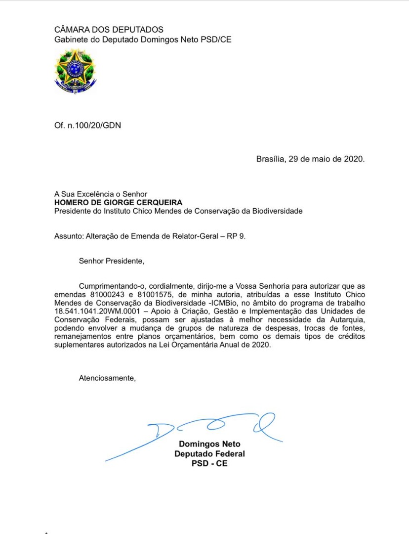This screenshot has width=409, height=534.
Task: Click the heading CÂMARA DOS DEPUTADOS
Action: tap(109, 31)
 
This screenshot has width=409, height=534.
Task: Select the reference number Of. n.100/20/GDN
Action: tap(87, 126)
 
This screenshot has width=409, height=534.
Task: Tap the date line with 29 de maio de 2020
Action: tap(310, 159)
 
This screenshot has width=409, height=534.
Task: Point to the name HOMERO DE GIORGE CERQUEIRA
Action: tap(118, 202)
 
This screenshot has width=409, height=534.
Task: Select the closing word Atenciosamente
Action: tap(107, 378)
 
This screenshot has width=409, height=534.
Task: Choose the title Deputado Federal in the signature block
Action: tap(209, 454)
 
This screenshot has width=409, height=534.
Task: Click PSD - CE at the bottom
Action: tap(209, 464)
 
